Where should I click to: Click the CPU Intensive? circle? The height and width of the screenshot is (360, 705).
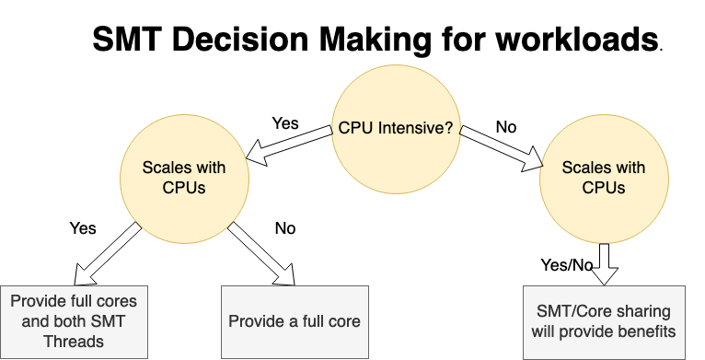click(396, 129)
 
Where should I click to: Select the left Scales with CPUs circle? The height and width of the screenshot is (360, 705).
click(184, 177)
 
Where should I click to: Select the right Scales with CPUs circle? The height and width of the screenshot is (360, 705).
click(603, 177)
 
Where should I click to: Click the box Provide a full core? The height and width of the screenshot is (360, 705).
click(295, 321)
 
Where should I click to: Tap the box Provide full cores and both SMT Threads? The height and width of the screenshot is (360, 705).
click(74, 321)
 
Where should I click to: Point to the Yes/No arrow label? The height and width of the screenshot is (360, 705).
click(567, 265)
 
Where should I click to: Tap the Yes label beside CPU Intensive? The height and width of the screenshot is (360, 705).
click(285, 122)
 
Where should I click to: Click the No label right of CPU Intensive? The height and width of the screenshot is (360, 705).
click(506, 125)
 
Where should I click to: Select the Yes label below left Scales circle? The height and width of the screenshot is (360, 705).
click(83, 227)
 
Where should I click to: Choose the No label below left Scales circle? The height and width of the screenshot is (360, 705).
click(285, 227)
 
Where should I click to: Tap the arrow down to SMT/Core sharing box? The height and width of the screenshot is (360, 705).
click(605, 263)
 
